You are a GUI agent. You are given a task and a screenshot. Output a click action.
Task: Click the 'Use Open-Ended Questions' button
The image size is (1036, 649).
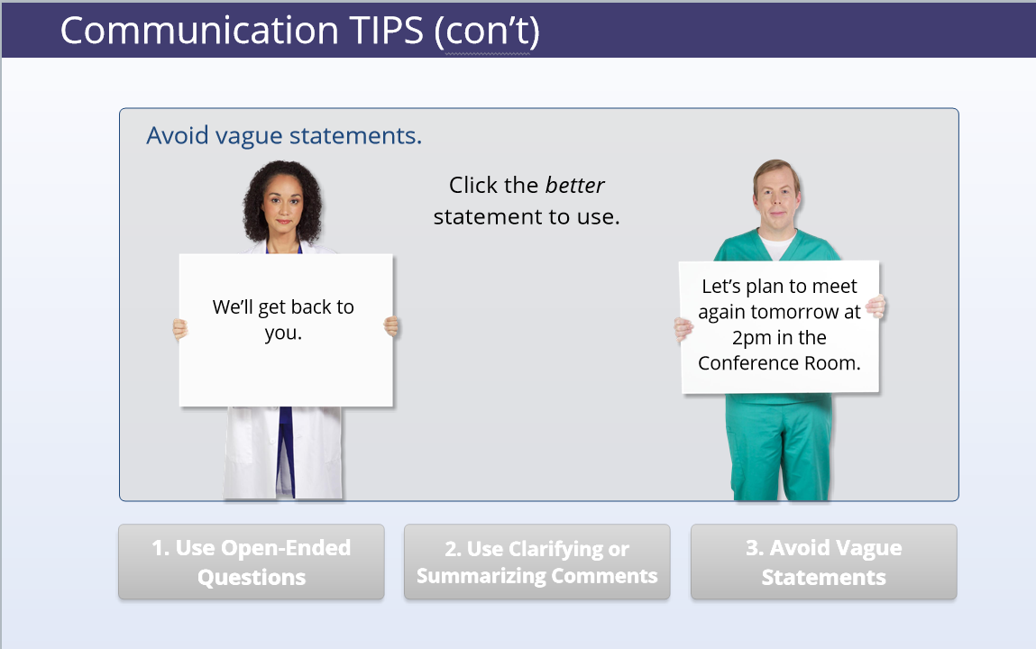251,562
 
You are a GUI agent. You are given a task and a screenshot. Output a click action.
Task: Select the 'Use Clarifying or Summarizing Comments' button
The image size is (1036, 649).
537,562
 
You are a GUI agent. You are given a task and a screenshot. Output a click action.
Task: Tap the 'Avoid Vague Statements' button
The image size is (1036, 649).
824,562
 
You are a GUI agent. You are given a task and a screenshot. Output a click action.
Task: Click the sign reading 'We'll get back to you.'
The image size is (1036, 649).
286,330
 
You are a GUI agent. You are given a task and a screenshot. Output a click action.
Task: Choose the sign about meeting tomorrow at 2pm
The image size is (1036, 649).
780,327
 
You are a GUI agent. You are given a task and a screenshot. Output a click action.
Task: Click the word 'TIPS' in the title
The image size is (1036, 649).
386,31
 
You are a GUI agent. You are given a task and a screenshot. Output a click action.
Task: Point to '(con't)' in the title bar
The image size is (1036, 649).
487,32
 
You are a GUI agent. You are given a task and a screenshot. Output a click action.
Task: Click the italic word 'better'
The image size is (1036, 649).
575,186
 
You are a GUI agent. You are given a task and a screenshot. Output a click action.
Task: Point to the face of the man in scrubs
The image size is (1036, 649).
777,197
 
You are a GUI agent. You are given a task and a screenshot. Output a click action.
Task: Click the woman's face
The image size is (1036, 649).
283,205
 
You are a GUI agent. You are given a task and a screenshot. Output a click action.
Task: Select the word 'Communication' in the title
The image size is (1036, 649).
199,31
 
